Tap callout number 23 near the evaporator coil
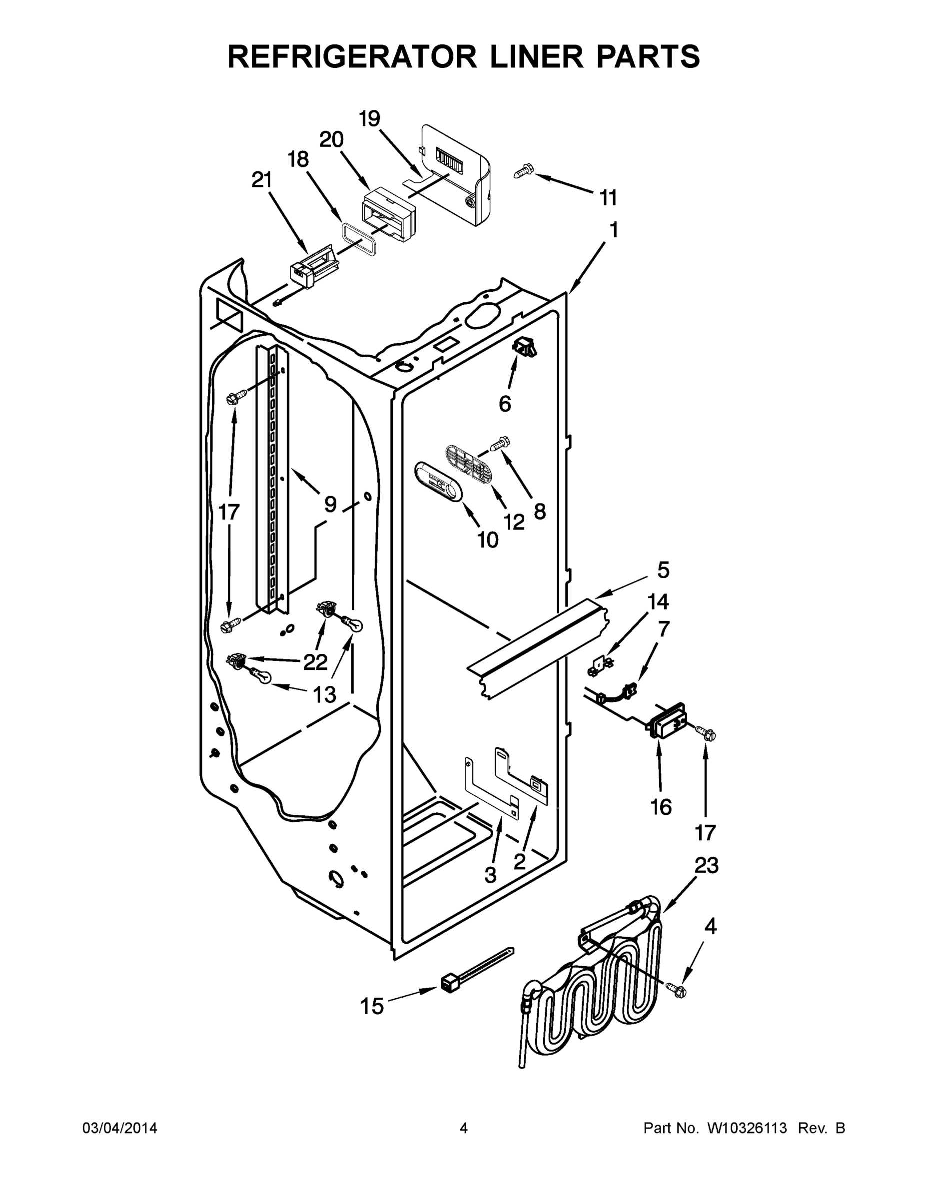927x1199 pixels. pyautogui.click(x=706, y=866)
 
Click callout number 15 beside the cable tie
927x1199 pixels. pyautogui.click(x=372, y=1006)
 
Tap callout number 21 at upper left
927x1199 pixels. pyautogui.click(x=262, y=179)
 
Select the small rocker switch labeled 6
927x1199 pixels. pyautogui.click(x=524, y=346)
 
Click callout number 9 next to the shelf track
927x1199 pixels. pyautogui.click(x=330, y=504)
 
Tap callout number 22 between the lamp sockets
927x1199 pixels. pyautogui.click(x=316, y=662)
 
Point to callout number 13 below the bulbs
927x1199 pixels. pyautogui.click(x=324, y=695)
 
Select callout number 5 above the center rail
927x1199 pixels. pyautogui.click(x=663, y=571)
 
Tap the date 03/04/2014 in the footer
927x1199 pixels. pyautogui.click(x=120, y=1128)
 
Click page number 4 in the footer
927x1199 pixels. pyautogui.click(x=464, y=1128)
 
